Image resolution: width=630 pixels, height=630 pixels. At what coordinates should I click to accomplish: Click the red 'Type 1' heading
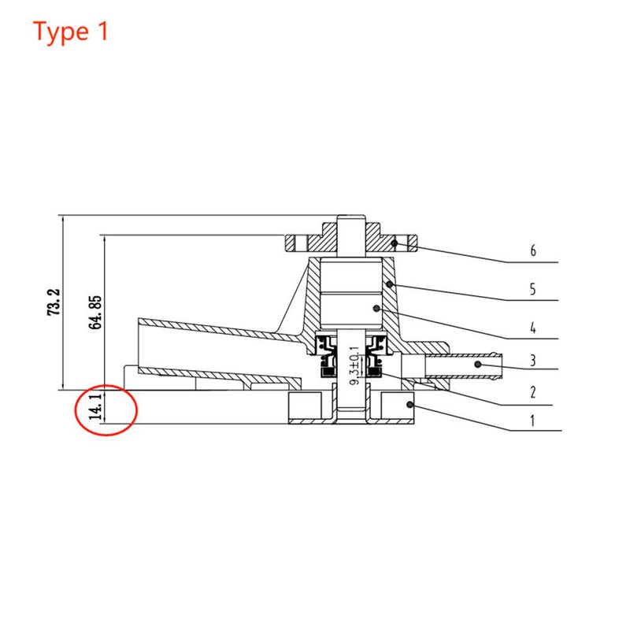pos(71,32)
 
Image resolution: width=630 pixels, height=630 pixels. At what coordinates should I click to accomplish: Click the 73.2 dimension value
pos(54,302)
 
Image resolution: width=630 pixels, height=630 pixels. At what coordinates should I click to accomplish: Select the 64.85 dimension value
pos(96,313)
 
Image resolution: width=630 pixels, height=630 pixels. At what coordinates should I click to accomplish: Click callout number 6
pos(533,251)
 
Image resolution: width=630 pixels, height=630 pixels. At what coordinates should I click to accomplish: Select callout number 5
pos(533,289)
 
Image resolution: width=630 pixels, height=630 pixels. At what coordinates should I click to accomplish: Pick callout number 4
pos(533,327)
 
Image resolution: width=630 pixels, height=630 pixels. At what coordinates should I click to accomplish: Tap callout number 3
pos(533,361)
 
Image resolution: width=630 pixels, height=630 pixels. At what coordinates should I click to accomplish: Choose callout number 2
pos(533,392)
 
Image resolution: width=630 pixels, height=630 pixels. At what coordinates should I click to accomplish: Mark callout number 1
pos(533,421)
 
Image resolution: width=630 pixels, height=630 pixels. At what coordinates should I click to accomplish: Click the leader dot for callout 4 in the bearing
pos(377,308)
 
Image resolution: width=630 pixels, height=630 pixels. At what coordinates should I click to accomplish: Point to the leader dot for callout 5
pos(390,283)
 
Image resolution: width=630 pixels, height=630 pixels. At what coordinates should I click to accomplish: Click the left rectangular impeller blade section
pos(306,406)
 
